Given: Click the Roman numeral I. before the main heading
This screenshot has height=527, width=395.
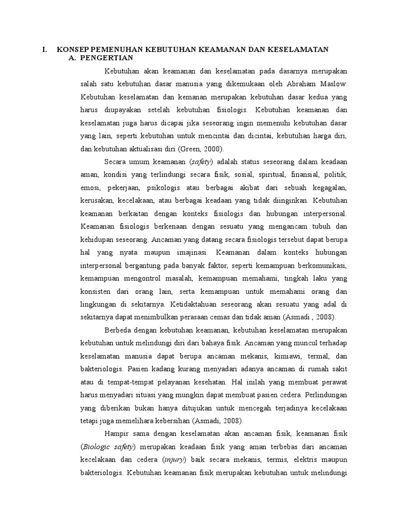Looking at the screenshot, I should click(x=45, y=49).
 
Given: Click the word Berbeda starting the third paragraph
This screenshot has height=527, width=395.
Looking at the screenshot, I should click(x=119, y=329).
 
